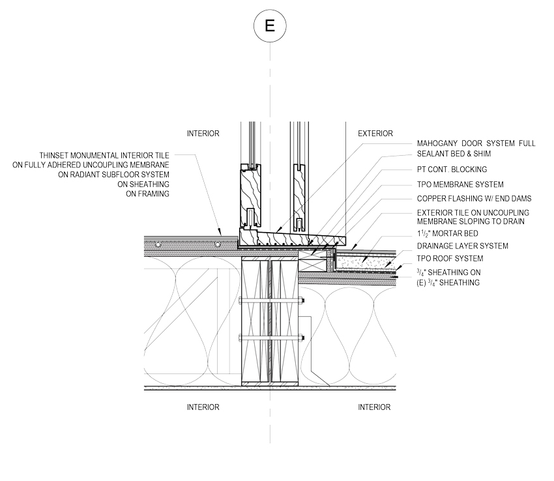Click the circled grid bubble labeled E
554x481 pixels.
(270, 26)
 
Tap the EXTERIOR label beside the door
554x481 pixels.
(375, 134)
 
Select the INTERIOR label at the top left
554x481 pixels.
(203, 134)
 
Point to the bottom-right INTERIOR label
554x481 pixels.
(374, 407)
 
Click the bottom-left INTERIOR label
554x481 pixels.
(203, 407)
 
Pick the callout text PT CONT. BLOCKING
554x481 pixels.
(452, 169)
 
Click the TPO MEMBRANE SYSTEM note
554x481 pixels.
(460, 184)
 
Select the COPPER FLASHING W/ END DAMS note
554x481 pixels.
(474, 199)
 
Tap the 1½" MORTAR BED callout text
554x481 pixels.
(447, 233)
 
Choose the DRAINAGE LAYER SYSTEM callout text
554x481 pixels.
(463, 246)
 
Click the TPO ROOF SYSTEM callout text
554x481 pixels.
(450, 259)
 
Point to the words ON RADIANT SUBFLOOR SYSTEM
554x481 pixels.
(114, 175)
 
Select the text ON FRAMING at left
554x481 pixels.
(148, 194)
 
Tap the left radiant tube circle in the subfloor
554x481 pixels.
(158, 244)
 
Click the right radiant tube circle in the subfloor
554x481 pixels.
(218, 244)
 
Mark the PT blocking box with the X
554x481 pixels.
(313, 260)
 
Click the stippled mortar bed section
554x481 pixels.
(364, 262)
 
